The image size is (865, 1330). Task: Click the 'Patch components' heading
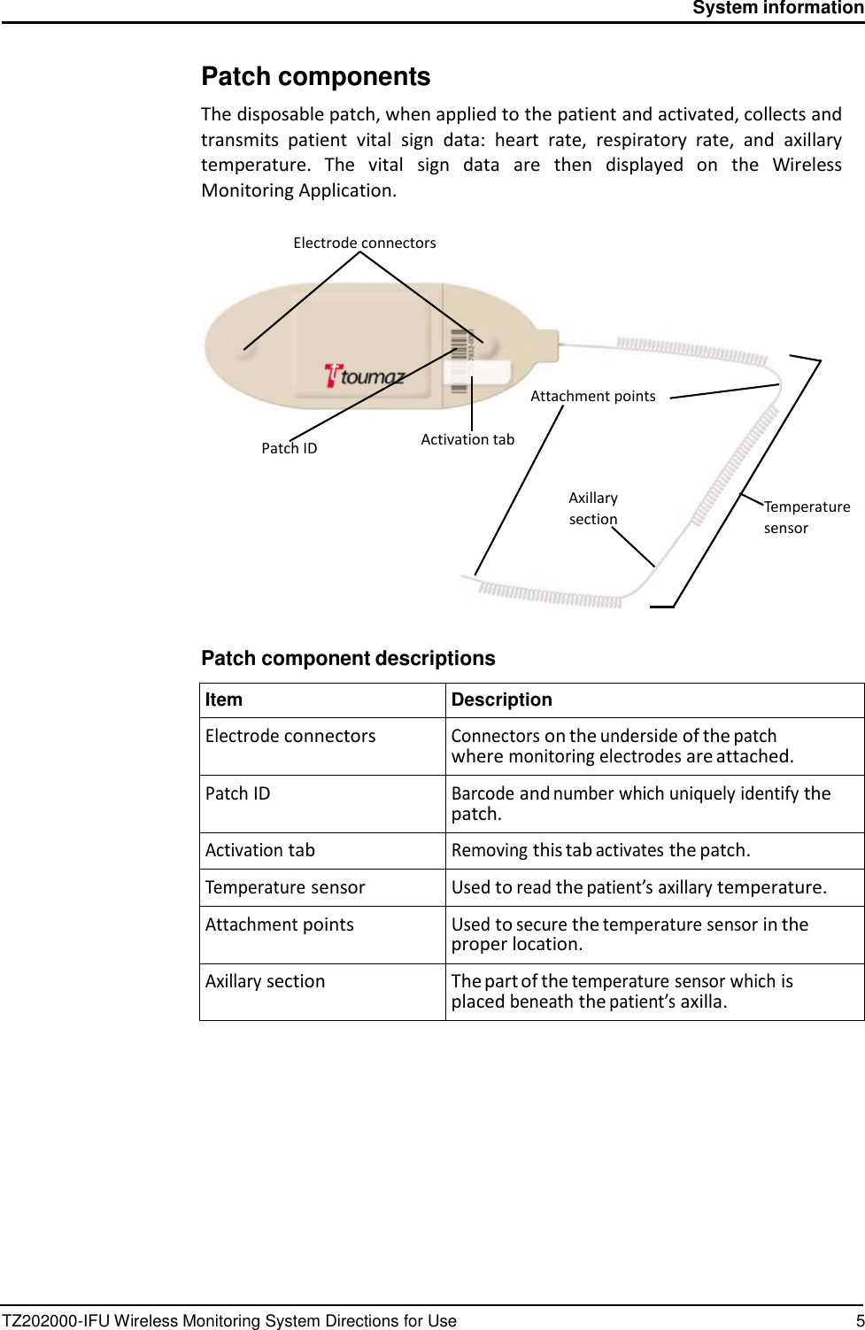pyautogui.click(x=315, y=77)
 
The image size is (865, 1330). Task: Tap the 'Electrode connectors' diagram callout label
pyautogui.click(x=364, y=243)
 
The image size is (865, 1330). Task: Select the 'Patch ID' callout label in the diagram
pyautogui.click(x=289, y=448)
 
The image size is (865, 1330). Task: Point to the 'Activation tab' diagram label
pyautogui.click(x=467, y=439)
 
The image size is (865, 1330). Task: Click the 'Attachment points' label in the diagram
pyautogui.click(x=592, y=396)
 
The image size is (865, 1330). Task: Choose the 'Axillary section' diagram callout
pyautogui.click(x=593, y=508)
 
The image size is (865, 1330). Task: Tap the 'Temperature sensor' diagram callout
pyautogui.click(x=806, y=517)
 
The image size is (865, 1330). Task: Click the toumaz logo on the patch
pyautogui.click(x=364, y=375)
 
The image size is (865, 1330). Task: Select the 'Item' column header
pyautogui.click(x=224, y=700)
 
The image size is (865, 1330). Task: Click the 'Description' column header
pyautogui.click(x=501, y=700)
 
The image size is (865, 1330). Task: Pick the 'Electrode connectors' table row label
pyautogui.click(x=290, y=736)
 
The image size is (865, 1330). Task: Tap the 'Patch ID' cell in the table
pyautogui.click(x=238, y=793)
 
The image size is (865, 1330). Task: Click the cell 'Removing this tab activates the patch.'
pyautogui.click(x=600, y=850)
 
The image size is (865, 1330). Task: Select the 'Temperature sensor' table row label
pyautogui.click(x=285, y=887)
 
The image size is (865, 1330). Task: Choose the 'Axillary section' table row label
pyautogui.click(x=265, y=981)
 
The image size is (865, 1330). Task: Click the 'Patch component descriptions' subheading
pyautogui.click(x=348, y=659)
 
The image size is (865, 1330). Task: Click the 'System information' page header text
pyautogui.click(x=777, y=8)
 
